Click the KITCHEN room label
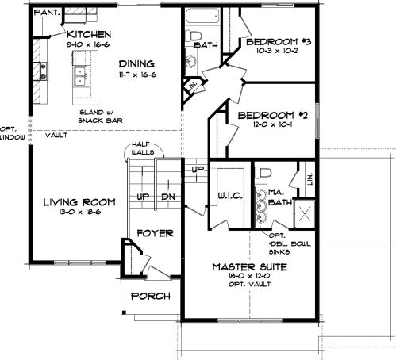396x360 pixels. pyautogui.click(x=89, y=34)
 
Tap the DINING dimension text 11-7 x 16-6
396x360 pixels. pyautogui.click(x=137, y=75)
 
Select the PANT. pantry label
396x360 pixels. pyautogui.click(x=48, y=12)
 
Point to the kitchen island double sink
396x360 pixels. pyautogui.click(x=80, y=76)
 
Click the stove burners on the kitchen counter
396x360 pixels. pyautogui.click(x=44, y=71)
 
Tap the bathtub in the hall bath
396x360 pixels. pyautogui.click(x=202, y=17)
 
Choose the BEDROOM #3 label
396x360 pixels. pyautogui.click(x=279, y=42)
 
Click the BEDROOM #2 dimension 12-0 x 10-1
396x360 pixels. pyautogui.click(x=273, y=124)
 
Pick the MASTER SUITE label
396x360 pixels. pyautogui.click(x=249, y=267)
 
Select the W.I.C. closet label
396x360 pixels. pyautogui.click(x=230, y=196)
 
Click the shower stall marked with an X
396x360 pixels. pyautogui.click(x=305, y=213)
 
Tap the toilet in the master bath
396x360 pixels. pyautogui.click(x=264, y=173)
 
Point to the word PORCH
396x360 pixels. pyautogui.click(x=151, y=296)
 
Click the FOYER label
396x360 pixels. pyautogui.click(x=156, y=233)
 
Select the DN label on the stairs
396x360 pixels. pyautogui.click(x=168, y=197)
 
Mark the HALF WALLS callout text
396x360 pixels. pyautogui.click(x=143, y=148)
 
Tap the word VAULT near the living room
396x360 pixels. pyautogui.click(x=56, y=136)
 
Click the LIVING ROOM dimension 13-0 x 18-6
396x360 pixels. pyautogui.click(x=80, y=212)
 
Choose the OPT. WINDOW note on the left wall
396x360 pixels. pyautogui.click(x=12, y=133)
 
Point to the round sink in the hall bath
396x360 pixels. pyautogui.click(x=190, y=61)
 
